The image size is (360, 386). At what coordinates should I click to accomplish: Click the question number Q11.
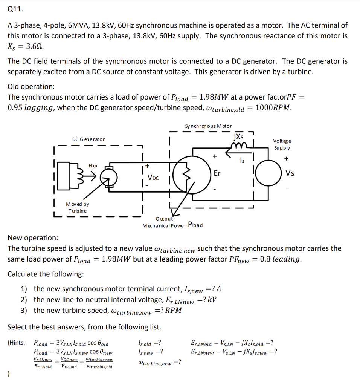[x=14, y=10]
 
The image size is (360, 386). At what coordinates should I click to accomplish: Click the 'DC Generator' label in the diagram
[x=88, y=139]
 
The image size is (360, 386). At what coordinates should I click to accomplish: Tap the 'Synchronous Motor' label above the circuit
[x=208, y=126]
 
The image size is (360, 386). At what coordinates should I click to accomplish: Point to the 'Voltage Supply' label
[x=282, y=144]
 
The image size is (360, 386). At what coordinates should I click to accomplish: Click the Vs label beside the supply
[x=290, y=173]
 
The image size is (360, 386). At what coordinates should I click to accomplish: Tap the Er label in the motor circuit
[x=217, y=173]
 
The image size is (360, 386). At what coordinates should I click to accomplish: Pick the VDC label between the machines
[x=153, y=177]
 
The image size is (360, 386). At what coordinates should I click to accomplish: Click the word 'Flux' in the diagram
[x=93, y=165]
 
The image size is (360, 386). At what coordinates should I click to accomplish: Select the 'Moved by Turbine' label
[x=77, y=207]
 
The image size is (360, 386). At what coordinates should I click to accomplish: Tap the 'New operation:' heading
[x=33, y=238]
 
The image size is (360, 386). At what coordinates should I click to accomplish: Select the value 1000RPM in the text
[x=273, y=107]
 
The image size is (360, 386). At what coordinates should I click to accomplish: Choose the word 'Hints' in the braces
[x=17, y=343]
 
